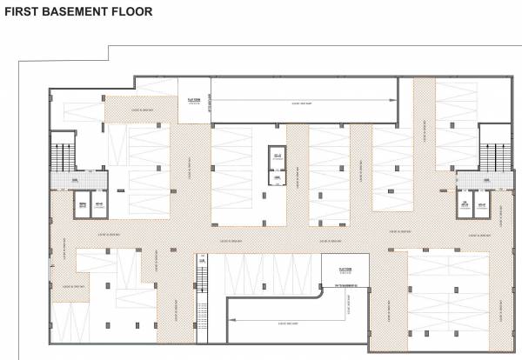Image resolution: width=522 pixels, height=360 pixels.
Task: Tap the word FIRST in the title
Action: (x=22, y=11)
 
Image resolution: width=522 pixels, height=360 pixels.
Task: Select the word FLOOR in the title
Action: (x=132, y=11)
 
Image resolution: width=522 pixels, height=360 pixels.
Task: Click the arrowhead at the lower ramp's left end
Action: (x=231, y=321)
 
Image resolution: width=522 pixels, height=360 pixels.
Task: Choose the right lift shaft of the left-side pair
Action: (x=100, y=207)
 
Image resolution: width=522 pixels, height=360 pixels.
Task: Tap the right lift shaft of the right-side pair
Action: (x=480, y=207)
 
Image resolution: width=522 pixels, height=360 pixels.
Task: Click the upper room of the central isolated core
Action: (x=277, y=157)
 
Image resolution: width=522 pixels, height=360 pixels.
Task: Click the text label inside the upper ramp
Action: (x=302, y=103)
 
